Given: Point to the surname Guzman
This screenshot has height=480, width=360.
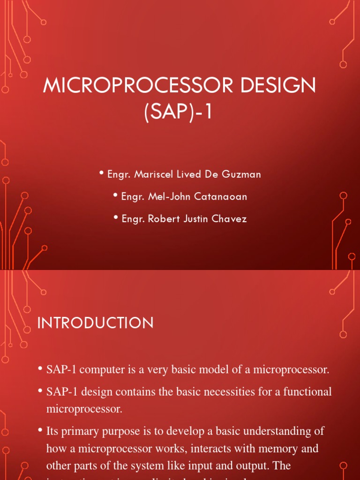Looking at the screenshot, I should coord(244,174).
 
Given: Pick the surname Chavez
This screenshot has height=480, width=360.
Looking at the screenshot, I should coord(230,219).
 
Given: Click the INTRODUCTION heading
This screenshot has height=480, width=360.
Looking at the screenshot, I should coord(95,323).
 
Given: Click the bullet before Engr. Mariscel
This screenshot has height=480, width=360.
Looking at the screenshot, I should coord(102,174).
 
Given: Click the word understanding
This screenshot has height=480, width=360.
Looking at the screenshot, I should coord(272,431).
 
